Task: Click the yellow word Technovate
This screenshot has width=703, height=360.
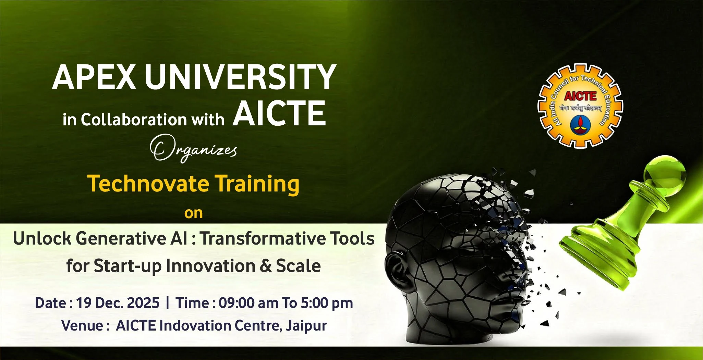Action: tap(148, 184)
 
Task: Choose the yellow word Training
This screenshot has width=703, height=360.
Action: tap(257, 184)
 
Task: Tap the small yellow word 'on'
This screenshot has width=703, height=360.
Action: tap(194, 213)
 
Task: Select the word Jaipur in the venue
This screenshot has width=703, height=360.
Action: tap(306, 326)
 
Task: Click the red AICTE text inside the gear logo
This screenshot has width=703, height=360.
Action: tap(580, 96)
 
